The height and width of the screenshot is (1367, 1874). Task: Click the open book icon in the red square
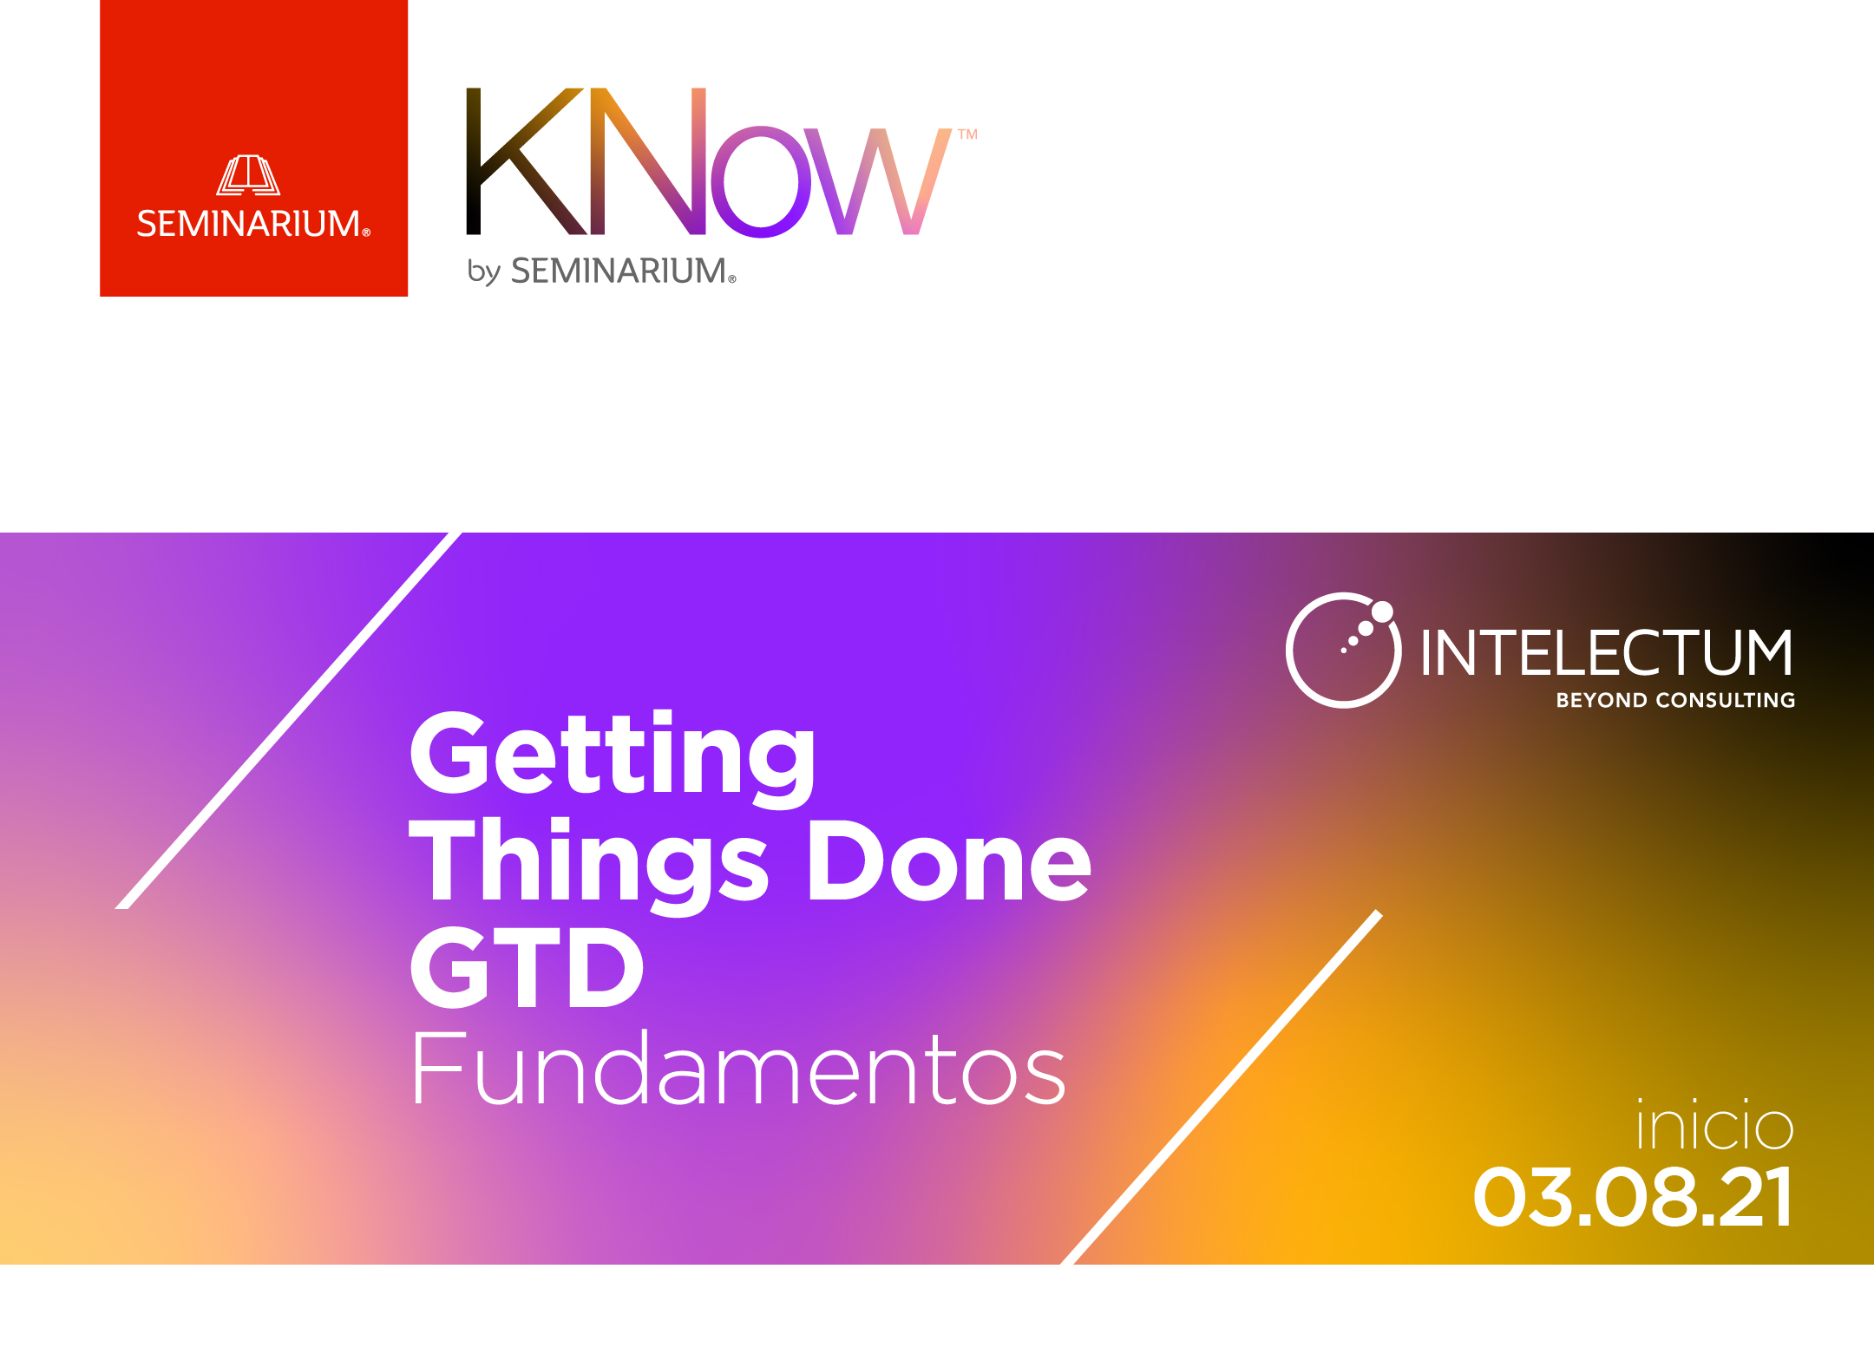248,175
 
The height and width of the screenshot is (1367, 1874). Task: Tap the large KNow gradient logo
709,161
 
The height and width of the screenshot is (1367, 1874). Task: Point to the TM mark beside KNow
967,134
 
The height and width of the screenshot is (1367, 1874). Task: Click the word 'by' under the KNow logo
483,271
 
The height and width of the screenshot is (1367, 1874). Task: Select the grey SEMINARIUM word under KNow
623,271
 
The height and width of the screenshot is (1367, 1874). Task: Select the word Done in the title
949,860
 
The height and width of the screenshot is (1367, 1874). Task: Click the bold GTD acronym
527,966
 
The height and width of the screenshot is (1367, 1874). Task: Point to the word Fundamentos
738,1068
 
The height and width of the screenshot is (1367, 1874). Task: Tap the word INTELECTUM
1607,652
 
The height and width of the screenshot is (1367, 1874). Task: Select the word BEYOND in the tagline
1602,700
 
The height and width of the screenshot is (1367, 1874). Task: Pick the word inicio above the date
1714,1124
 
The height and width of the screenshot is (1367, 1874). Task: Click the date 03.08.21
1633,1197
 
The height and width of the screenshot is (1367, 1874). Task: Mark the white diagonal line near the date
1221,1087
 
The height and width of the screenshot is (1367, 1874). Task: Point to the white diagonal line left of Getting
288,721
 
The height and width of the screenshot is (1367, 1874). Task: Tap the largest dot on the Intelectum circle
1382,612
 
